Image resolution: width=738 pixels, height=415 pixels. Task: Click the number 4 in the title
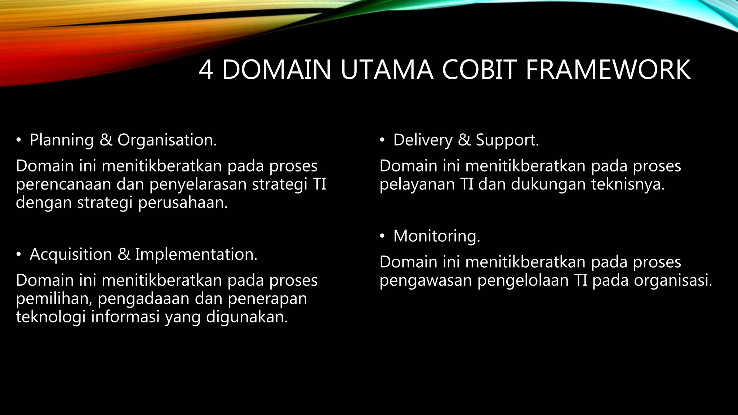point(206,70)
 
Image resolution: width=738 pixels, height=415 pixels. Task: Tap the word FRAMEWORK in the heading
point(608,70)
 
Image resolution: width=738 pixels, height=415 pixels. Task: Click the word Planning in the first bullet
point(62,140)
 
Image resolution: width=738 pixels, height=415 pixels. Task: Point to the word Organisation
point(167,140)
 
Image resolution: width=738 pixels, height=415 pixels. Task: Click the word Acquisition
point(71,254)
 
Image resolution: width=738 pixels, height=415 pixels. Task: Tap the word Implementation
point(196,254)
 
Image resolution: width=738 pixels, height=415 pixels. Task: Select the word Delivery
point(423,140)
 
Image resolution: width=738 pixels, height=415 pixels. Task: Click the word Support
point(507,140)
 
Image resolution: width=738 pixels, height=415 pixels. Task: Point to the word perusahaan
point(183,203)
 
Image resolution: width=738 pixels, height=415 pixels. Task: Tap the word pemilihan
point(54,299)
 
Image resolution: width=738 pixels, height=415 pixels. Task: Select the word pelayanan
point(417,184)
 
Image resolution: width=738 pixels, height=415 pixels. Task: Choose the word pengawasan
point(426,281)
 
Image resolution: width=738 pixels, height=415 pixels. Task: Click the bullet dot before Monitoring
point(382,236)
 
